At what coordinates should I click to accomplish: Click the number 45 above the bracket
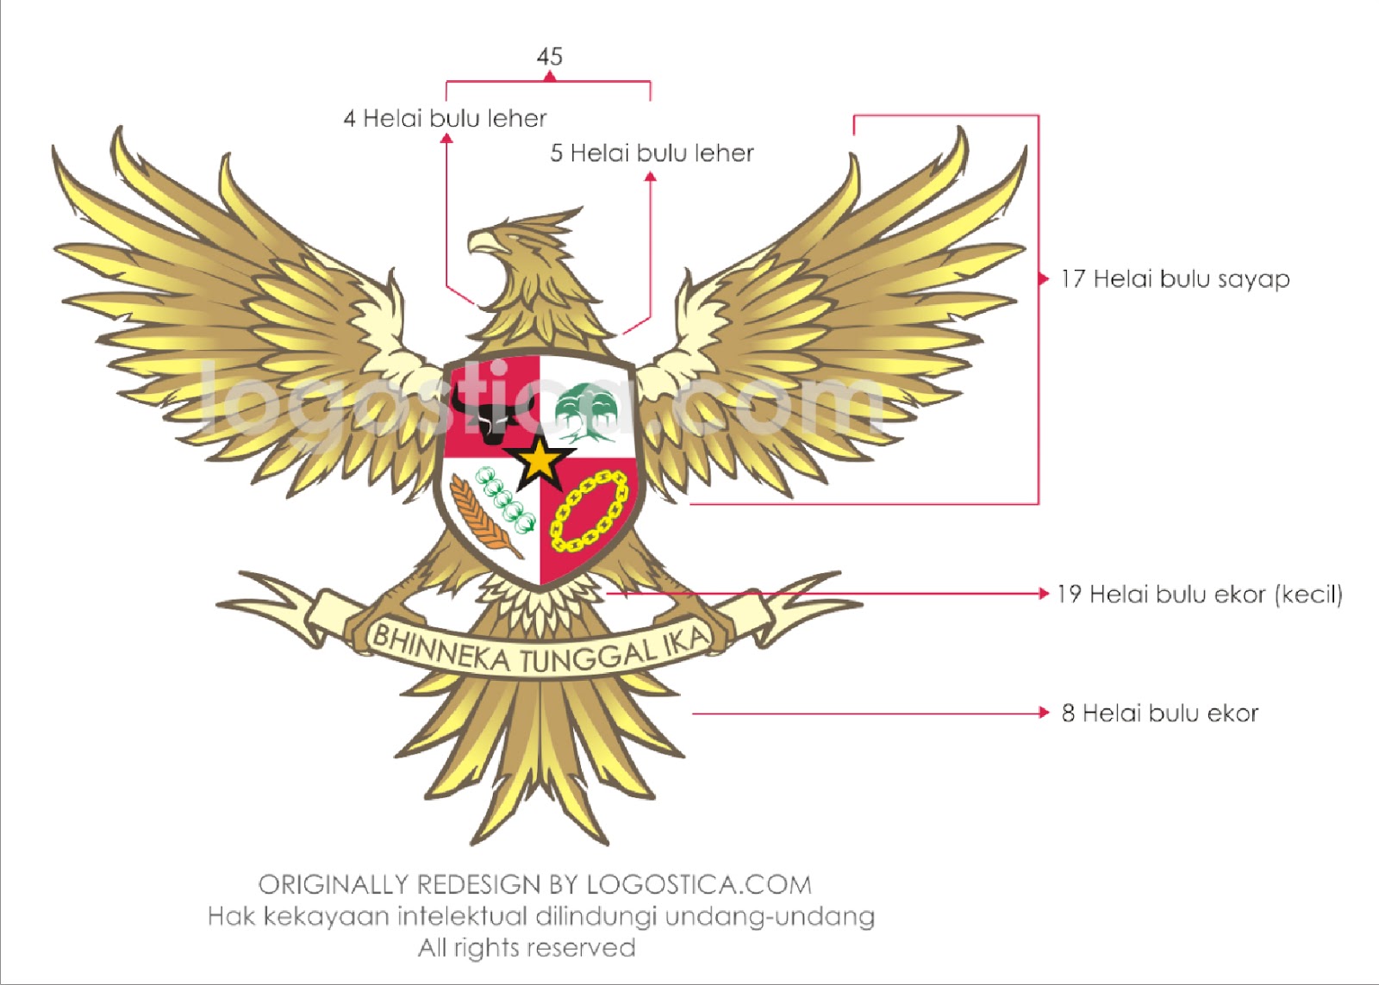pos(549,57)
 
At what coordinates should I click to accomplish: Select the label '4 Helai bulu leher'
pos(445,118)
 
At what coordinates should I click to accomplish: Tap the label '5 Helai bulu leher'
pos(652,153)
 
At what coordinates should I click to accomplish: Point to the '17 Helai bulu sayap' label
pos(1175,279)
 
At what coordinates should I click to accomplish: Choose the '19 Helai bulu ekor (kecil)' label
pos(1199,595)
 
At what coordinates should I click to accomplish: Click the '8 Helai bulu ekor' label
pos(1159,714)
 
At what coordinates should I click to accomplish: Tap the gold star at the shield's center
pos(540,462)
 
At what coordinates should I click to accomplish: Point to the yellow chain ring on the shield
pos(590,510)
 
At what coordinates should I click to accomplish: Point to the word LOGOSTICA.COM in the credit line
pos(699,885)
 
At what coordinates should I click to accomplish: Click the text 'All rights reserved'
pos(527,948)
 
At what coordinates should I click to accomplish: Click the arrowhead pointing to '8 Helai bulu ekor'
pos(1044,713)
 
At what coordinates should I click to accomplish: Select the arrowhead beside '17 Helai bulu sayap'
pos(1043,278)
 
